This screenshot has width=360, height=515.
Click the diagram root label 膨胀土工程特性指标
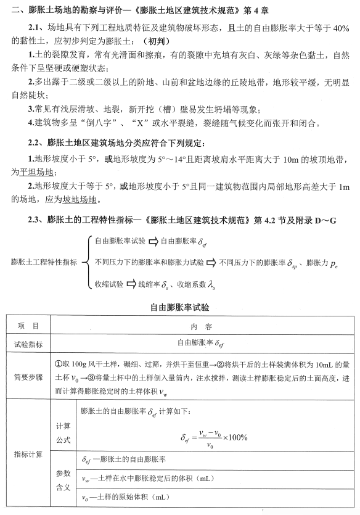[44, 262]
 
